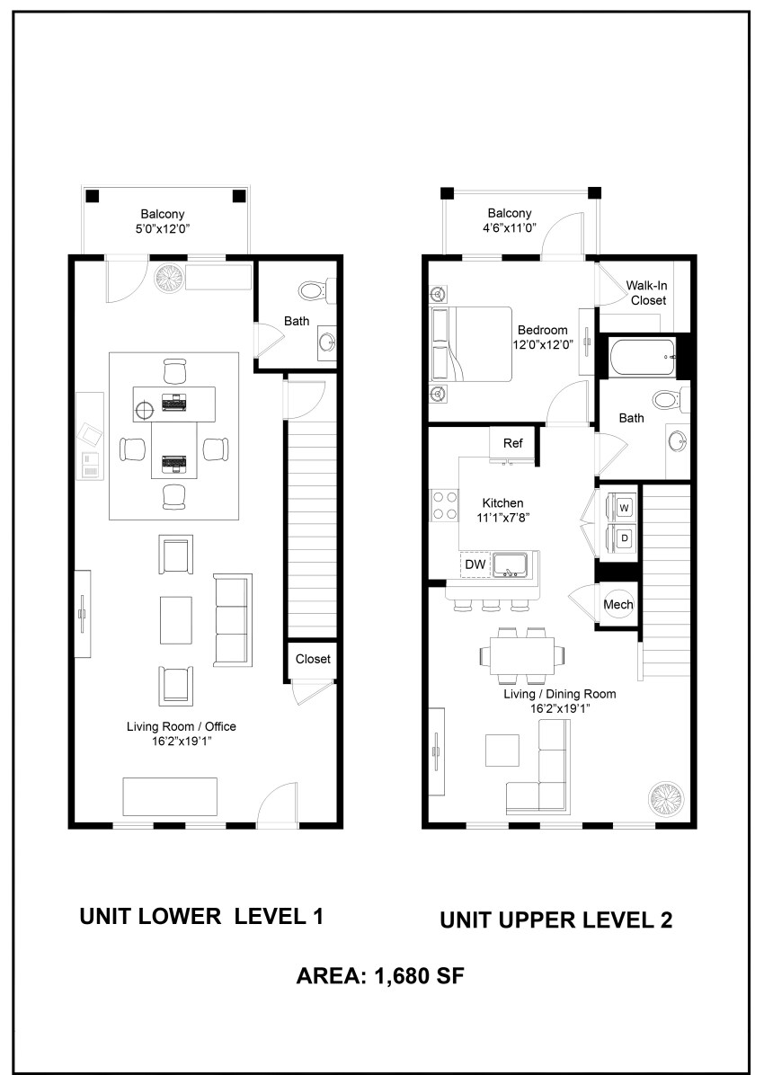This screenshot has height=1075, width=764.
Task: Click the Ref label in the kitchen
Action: coord(513,444)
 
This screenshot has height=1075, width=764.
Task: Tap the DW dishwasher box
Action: coord(476,565)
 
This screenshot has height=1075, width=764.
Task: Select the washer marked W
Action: coord(624,508)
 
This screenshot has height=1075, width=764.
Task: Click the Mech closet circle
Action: coord(617,604)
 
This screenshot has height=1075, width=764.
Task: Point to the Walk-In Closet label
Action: coord(647,293)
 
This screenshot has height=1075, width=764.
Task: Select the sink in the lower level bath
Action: coord(326,342)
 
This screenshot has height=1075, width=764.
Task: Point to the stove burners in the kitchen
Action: coord(444,505)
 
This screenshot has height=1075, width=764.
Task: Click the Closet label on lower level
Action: coord(313,660)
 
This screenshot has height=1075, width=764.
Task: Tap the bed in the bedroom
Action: coord(471,344)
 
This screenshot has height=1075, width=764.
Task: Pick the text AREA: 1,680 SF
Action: coord(380,976)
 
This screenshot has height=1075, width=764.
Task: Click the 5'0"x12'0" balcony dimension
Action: coord(163,229)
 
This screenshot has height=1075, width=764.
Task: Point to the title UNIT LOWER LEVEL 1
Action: coord(201,916)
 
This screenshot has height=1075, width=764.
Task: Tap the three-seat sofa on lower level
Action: coord(233,620)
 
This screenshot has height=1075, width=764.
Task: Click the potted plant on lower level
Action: coord(169,278)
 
